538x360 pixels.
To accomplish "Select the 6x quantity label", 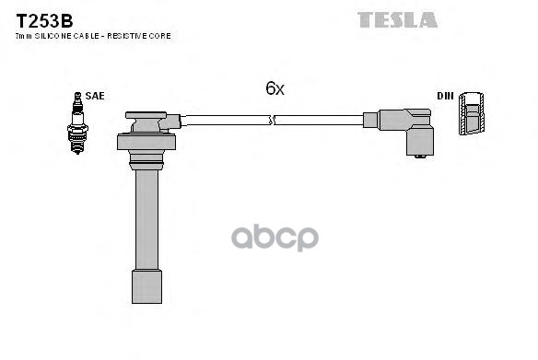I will [x=275, y=88].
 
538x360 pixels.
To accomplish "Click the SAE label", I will [x=94, y=94].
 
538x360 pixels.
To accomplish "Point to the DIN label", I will [x=444, y=95].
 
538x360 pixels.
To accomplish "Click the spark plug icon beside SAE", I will [x=76, y=123].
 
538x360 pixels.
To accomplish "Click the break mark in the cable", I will [x=272, y=120].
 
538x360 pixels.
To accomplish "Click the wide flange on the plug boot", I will [x=146, y=143].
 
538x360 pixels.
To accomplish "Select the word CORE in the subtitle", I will [x=161, y=36].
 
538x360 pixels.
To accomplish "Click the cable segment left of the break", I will [x=226, y=120].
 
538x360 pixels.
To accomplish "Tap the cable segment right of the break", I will [x=318, y=120].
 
